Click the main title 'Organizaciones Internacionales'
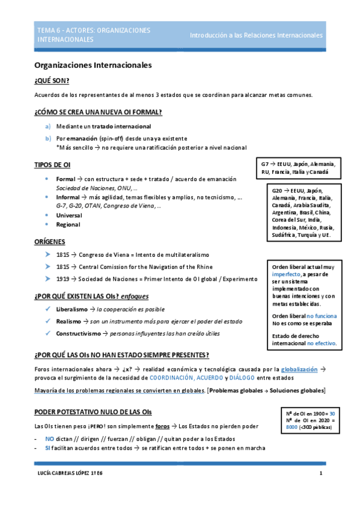(x=93, y=64)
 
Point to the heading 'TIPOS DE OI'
(x=53, y=165)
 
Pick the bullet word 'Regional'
(x=68, y=224)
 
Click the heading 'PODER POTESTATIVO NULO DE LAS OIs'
(x=93, y=412)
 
